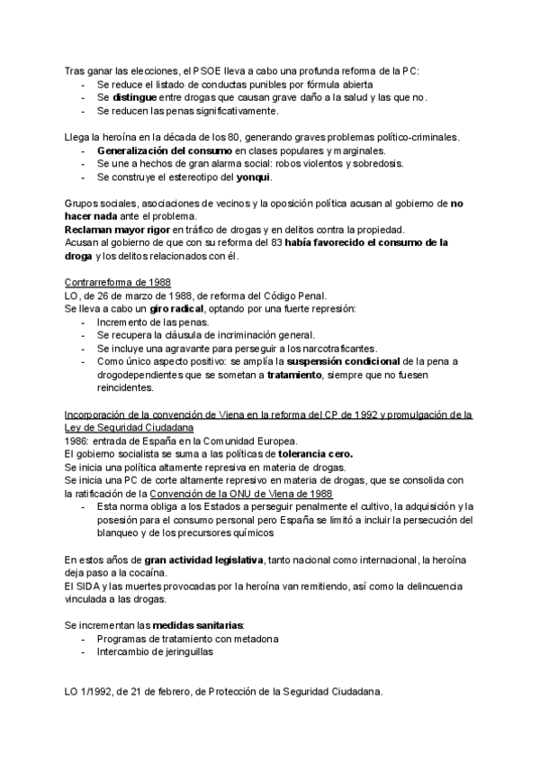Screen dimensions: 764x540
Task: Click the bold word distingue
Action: pos(137,97)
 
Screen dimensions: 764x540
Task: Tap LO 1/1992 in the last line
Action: pos(88,692)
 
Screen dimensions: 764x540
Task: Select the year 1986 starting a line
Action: pos(77,441)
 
